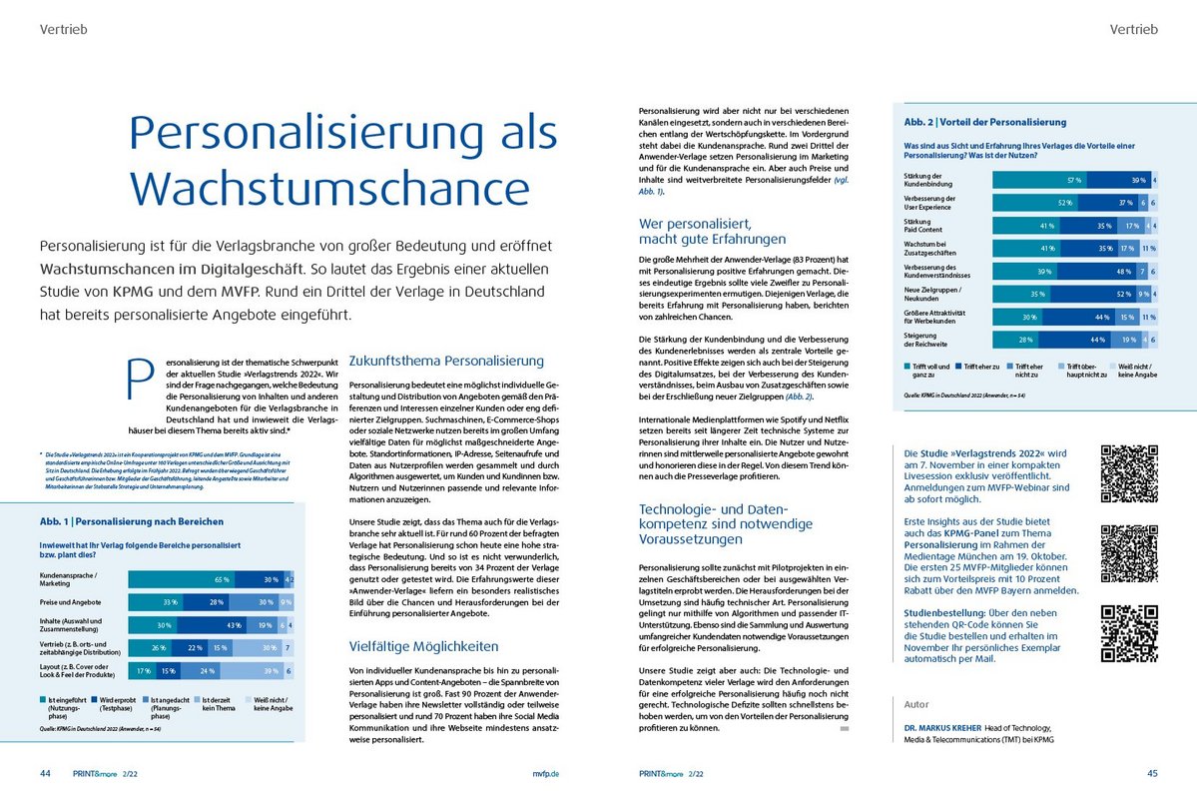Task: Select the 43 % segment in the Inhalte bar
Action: (234, 625)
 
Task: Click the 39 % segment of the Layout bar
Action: (267, 671)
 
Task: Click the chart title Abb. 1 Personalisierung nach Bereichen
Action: (131, 521)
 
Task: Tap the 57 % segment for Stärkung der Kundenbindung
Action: (1039, 180)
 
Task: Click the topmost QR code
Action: (1128, 473)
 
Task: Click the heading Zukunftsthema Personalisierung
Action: (446, 361)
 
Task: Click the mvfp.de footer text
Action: (546, 774)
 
